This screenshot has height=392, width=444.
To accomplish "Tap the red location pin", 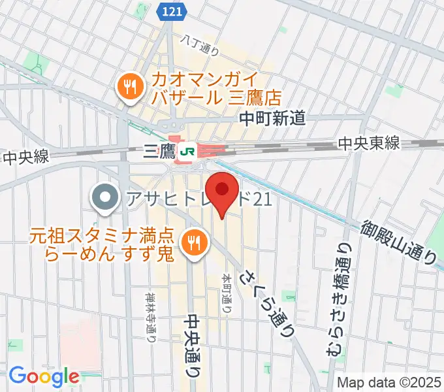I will pos(222,189).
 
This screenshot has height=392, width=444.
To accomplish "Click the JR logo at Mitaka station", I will pos(189,151).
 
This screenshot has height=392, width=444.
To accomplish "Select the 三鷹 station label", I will pos(159,152).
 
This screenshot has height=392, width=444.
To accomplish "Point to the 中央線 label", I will pos(26,157).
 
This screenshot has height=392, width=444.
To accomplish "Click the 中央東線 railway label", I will pos(369,144).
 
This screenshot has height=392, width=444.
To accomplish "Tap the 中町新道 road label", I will pos(272,118).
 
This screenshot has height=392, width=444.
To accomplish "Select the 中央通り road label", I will pos(193,345).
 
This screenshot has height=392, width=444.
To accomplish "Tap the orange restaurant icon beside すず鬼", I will pos(194,243).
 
